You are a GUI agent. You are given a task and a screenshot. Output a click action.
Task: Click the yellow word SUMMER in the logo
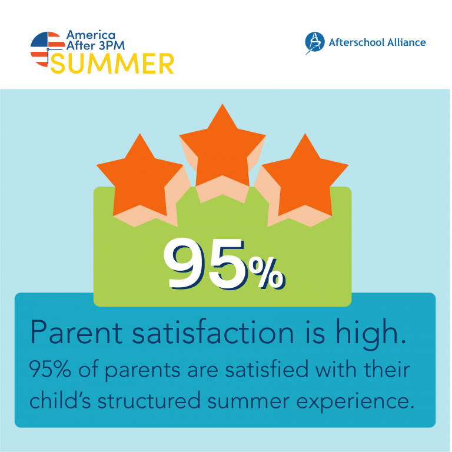pos(112,64)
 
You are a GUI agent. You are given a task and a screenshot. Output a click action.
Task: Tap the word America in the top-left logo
pos(91,35)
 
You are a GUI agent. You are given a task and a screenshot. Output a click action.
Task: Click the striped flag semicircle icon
pos(48,49)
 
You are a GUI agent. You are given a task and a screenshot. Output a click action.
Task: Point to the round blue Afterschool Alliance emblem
pos(315,42)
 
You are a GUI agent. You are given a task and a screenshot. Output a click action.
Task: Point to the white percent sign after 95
pos(267,273)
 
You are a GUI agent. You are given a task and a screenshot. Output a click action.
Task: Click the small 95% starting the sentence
pos(50,370)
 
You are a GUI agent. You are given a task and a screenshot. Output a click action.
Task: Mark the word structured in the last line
pos(149,400)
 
